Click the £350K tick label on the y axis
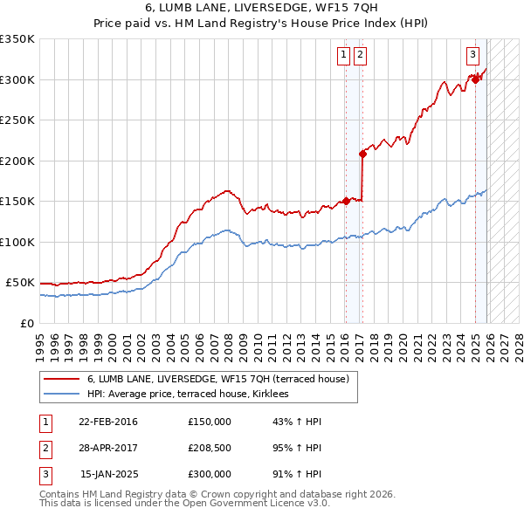coord(17,39)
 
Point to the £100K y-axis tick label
coord(17,242)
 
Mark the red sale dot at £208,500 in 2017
coord(362,154)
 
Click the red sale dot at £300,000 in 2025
coord(476,79)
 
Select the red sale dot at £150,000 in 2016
coord(346,201)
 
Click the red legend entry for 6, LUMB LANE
coord(217,379)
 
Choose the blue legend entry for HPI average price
coord(193,395)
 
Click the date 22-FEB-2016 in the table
coord(107,422)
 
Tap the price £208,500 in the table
coord(210,448)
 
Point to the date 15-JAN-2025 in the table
coord(108,474)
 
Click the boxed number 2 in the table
coord(45,448)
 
